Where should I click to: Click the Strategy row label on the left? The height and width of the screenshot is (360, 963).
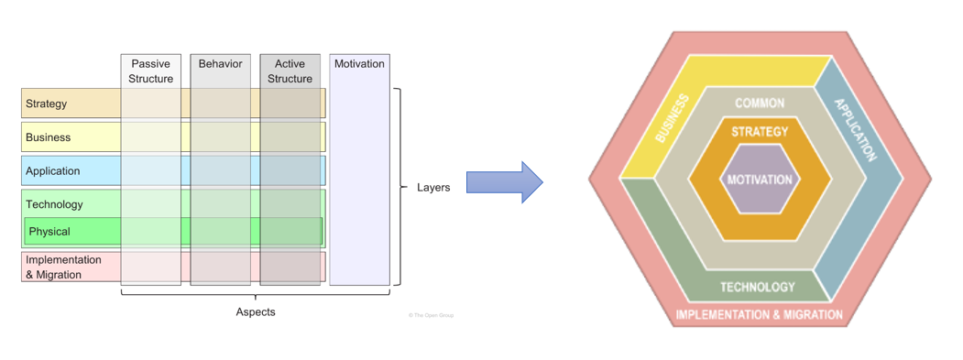pos(47,104)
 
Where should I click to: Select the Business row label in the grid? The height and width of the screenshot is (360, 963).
pos(49,137)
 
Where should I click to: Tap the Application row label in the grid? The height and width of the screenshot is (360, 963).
pos(53,171)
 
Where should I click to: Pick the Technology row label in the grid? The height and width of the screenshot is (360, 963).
pos(54,204)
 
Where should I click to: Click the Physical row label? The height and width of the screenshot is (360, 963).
pos(49,232)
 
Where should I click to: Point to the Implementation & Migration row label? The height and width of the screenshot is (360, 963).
pos(63,267)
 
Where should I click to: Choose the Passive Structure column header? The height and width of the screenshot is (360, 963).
pos(151,71)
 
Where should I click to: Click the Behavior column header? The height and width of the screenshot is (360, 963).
pos(220,64)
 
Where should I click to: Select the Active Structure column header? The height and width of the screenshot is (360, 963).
pos(290,71)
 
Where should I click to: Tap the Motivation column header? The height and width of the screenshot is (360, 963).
pos(359,64)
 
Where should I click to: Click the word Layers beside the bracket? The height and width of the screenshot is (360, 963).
pos(433,188)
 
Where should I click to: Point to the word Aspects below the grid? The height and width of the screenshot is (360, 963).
pos(256,312)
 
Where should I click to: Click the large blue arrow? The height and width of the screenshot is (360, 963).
pos(504,182)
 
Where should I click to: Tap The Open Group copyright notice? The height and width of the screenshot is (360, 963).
pos(431,315)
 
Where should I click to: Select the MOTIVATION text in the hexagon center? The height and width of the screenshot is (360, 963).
pos(760,180)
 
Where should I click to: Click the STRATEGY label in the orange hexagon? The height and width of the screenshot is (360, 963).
pos(760,132)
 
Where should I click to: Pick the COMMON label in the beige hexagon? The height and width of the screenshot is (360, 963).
pos(760,104)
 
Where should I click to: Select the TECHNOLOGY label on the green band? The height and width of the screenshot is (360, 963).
pos(758,287)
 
